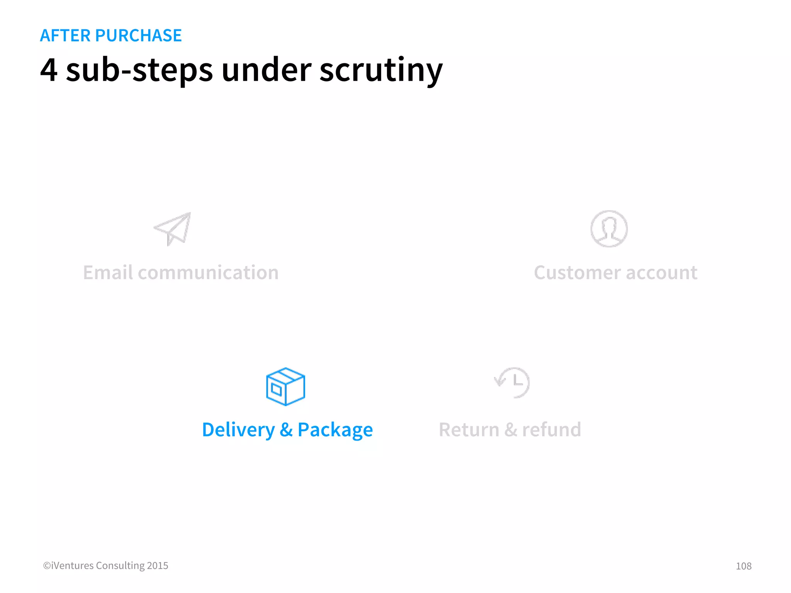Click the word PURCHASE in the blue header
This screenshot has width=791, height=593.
pyautogui.click(x=138, y=36)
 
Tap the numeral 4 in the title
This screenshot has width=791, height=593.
pyautogui.click(x=49, y=70)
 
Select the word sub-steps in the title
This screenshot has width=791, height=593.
pyautogui.click(x=139, y=70)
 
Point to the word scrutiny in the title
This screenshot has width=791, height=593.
pyautogui.click(x=381, y=70)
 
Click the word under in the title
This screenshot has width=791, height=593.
pyautogui.click(x=266, y=70)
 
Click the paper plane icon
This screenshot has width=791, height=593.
pyautogui.click(x=173, y=229)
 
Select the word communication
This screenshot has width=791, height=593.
pyautogui.click(x=208, y=273)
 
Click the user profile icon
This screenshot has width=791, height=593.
pyautogui.click(x=609, y=229)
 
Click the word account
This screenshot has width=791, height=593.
pyautogui.click(x=662, y=273)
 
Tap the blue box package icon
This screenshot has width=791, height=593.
pyautogui.click(x=285, y=386)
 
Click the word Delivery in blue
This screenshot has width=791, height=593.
pyautogui.click(x=238, y=430)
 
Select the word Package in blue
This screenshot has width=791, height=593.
pyautogui.click(x=335, y=430)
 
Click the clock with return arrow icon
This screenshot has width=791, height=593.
pyautogui.click(x=513, y=382)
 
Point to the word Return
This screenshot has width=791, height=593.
pyautogui.click(x=469, y=430)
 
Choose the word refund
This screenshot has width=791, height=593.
pyautogui.click(x=551, y=430)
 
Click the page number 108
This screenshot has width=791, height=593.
pyautogui.click(x=743, y=566)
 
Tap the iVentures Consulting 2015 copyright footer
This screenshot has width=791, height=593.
pyautogui.click(x=105, y=566)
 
